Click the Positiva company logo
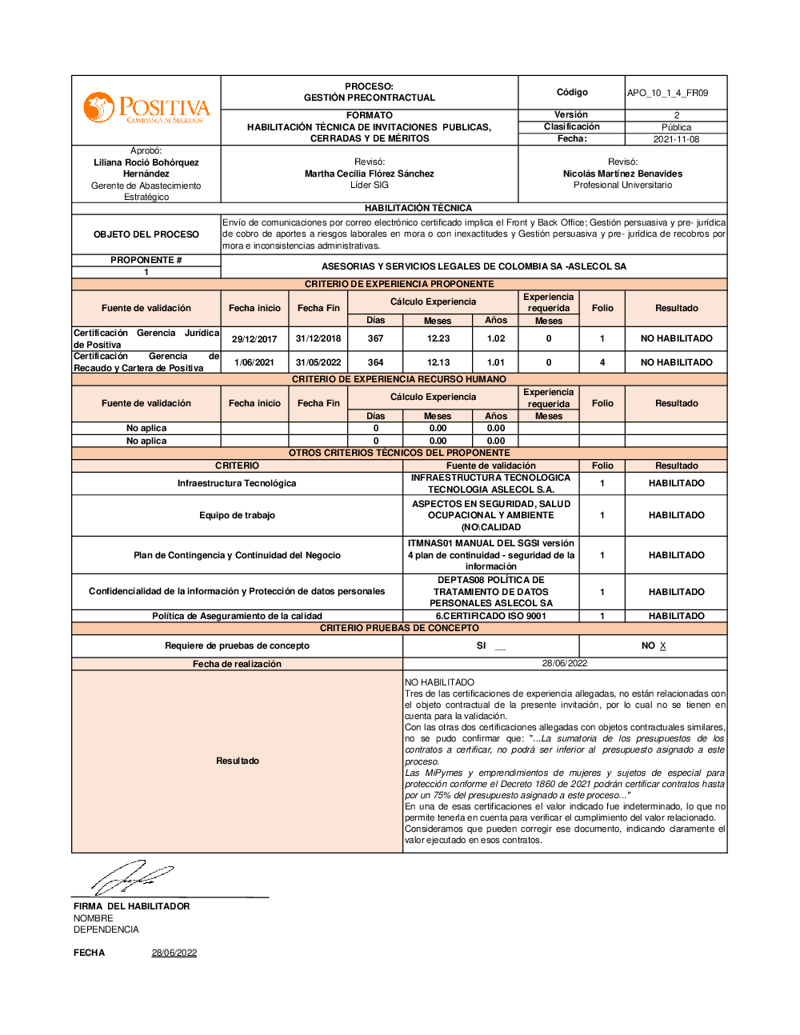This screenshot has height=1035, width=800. click(146, 108)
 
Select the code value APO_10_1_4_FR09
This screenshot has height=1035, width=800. click(667, 93)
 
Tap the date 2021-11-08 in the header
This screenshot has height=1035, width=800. click(676, 139)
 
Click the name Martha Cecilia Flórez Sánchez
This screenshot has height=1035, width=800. click(370, 174)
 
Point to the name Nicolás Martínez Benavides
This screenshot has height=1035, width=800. click(622, 174)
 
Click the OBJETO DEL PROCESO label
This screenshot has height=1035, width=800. click(146, 234)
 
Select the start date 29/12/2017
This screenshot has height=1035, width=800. click(254, 339)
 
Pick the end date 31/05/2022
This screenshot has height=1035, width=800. click(318, 362)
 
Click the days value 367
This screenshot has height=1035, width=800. click(376, 338)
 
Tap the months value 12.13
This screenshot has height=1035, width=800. click(438, 362)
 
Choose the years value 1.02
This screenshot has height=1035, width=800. click(496, 338)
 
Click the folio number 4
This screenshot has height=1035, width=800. click(602, 362)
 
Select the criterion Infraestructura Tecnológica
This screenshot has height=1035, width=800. click(237, 483)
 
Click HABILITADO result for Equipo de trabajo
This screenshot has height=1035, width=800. click(676, 515)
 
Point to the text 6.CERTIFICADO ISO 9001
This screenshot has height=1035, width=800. click(490, 616)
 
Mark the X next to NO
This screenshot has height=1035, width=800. click(663, 645)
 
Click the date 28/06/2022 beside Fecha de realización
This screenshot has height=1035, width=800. click(565, 663)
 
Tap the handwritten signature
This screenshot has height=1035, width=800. click(132, 877)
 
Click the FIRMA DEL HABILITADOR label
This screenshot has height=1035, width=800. click(132, 906)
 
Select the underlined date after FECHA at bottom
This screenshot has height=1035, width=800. click(174, 953)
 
